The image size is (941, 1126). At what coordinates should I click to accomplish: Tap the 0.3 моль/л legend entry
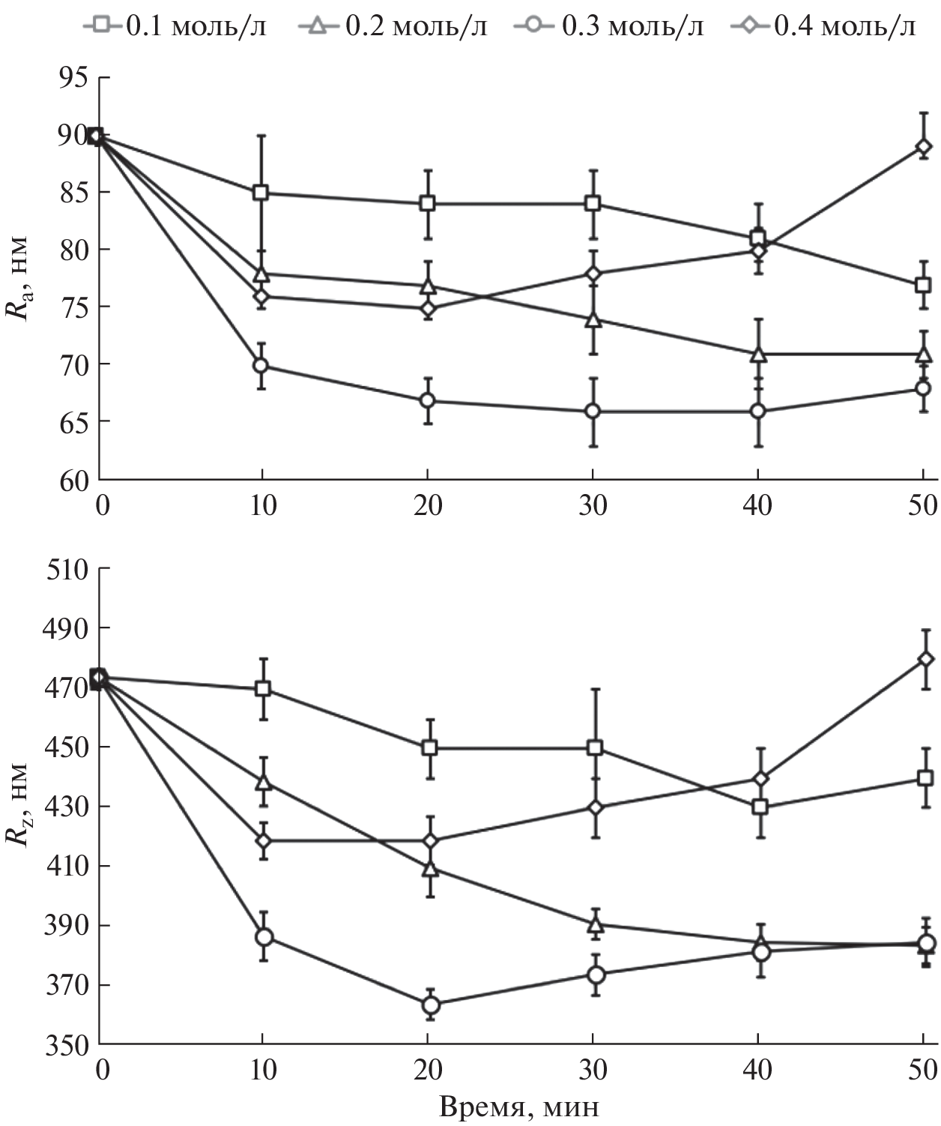610,27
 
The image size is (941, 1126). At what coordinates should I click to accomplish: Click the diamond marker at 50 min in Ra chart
924,146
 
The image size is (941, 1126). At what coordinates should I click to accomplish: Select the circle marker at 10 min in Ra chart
261,366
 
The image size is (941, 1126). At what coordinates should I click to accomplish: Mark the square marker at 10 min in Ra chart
261,192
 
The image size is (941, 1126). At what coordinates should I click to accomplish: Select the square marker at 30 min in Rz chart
594,747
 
